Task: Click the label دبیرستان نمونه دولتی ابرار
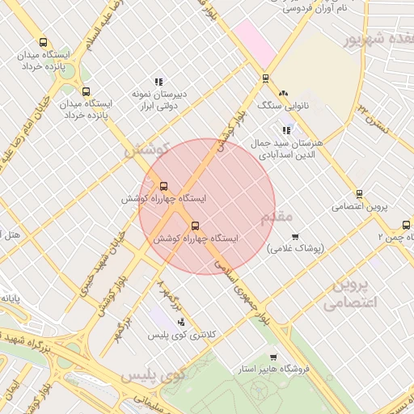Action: [x=160, y=99]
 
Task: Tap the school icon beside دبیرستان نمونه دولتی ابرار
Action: [x=159, y=82]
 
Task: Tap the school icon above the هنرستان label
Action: [x=285, y=129]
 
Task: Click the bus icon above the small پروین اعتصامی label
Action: [x=360, y=194]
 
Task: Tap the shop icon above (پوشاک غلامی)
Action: [x=295, y=237]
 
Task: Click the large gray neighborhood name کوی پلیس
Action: [x=154, y=376]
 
